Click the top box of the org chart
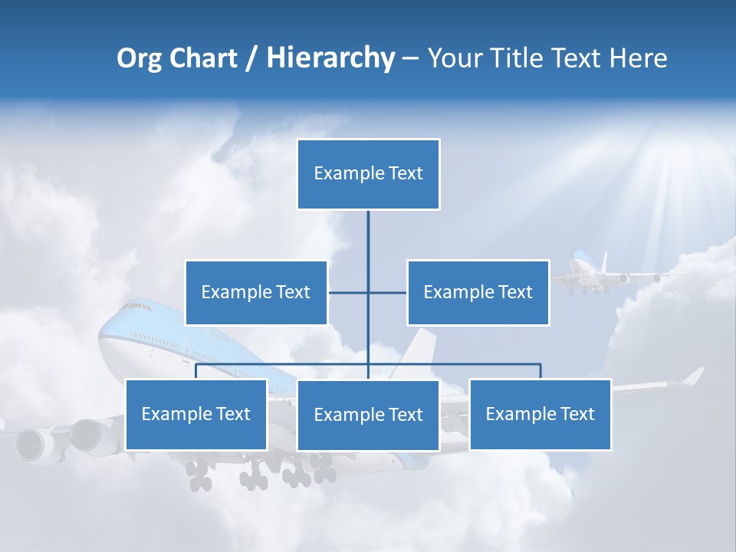[x=368, y=174]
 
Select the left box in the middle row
[x=256, y=292]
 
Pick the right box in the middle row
[x=478, y=292]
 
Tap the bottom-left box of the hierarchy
[x=195, y=414]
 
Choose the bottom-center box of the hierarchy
[x=368, y=415]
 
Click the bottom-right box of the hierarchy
[x=540, y=414]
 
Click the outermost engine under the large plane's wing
[x=31, y=445]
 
